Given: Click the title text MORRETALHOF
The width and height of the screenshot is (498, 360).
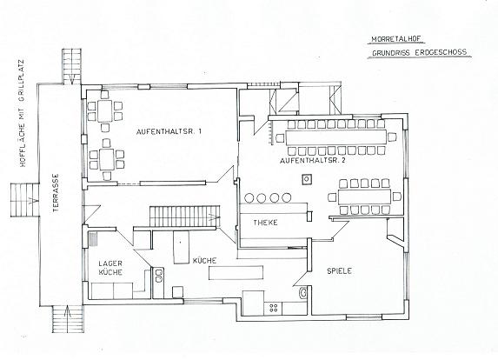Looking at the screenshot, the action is point(398,39).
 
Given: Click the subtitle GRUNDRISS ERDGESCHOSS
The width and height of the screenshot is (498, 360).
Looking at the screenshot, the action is point(420,52).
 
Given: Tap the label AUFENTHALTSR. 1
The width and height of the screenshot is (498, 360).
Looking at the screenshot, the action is point(169,131).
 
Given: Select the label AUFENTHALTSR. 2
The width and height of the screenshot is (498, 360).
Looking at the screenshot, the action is point(313,161).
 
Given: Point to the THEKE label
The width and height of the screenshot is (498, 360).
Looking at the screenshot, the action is point(265,223).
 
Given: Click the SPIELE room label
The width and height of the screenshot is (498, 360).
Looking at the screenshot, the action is point(339,271).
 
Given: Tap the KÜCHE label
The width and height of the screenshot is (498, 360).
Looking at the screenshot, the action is point(204,261).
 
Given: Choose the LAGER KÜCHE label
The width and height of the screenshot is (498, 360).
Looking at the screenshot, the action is point(110,268).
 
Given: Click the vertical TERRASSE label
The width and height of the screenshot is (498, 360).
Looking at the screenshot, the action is point(56,193).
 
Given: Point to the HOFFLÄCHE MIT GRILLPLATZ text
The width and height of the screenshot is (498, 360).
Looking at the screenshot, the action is point(23,113).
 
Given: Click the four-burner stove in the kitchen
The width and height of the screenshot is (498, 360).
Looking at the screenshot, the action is point(273,307).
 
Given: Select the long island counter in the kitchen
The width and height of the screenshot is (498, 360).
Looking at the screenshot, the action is point(236,273).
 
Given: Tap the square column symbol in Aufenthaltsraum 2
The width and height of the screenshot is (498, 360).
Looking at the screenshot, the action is point(306,179).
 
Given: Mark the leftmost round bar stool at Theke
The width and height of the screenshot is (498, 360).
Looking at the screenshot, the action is point(249,197).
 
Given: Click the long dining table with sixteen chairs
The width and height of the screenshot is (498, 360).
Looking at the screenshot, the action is point(335,137).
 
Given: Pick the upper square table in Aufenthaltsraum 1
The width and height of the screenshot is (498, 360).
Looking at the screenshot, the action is point(105,110).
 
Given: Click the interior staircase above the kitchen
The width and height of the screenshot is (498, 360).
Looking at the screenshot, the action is point(184,217).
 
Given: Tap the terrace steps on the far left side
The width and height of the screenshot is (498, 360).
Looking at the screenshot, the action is point(24,200).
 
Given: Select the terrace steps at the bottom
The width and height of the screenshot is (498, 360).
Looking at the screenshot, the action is point(67,318).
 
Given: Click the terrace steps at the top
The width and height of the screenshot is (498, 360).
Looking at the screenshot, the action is point(72,66).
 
